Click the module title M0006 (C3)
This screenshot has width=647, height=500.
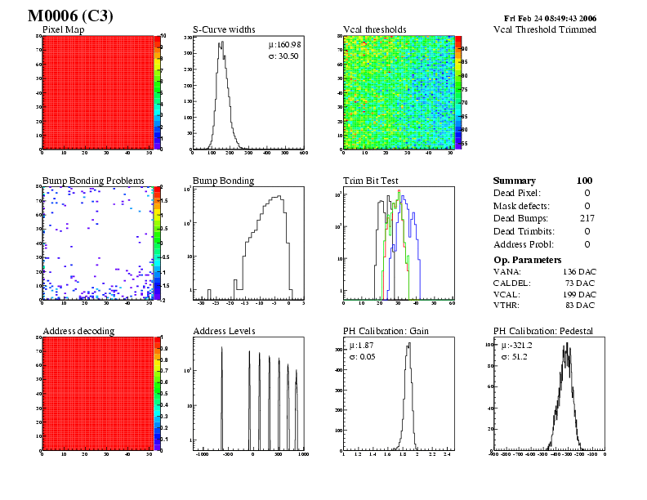tap(70, 16)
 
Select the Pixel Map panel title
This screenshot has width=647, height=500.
tap(69, 30)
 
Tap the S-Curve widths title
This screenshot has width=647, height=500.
tap(224, 30)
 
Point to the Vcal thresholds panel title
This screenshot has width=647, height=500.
tap(373, 30)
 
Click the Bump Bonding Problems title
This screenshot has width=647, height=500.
tap(93, 181)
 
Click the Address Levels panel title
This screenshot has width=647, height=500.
tap(224, 331)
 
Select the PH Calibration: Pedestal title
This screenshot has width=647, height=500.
tap(543, 331)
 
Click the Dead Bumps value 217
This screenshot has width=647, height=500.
tap(585, 218)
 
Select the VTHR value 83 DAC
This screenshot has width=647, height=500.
tap(582, 305)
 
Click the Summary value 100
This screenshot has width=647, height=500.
tap(584, 181)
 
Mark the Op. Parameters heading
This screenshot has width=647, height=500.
tap(528, 259)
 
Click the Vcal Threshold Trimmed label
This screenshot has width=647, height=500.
tap(545, 30)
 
